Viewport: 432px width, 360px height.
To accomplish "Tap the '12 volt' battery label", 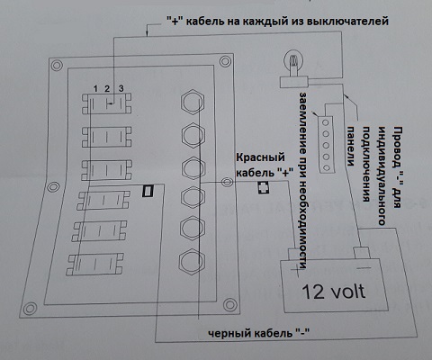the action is (334, 292).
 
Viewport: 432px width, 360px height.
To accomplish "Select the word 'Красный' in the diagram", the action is (260, 157).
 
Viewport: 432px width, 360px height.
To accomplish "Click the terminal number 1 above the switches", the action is (95, 89).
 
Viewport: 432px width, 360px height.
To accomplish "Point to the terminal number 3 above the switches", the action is (121, 88).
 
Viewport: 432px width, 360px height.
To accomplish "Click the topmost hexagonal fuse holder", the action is (193, 103).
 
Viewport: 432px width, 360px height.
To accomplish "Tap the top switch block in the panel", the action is (107, 103).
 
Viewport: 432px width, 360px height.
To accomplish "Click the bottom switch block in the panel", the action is (94, 265).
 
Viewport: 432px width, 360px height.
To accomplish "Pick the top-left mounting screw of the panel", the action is (57, 65).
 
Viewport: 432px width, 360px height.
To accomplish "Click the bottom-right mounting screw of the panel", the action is (229, 305).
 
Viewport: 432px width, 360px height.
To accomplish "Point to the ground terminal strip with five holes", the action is (326, 145).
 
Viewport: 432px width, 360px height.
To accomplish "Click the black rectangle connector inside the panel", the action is (148, 191).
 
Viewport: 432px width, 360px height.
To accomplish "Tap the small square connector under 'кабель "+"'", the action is (264, 188).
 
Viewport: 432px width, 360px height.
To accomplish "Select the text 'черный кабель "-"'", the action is (258, 333).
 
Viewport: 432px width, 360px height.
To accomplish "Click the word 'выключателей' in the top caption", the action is (348, 22).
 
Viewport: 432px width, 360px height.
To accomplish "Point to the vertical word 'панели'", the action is (350, 146).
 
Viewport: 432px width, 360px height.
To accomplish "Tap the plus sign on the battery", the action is (295, 271).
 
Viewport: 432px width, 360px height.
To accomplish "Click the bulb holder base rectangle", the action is (294, 82).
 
